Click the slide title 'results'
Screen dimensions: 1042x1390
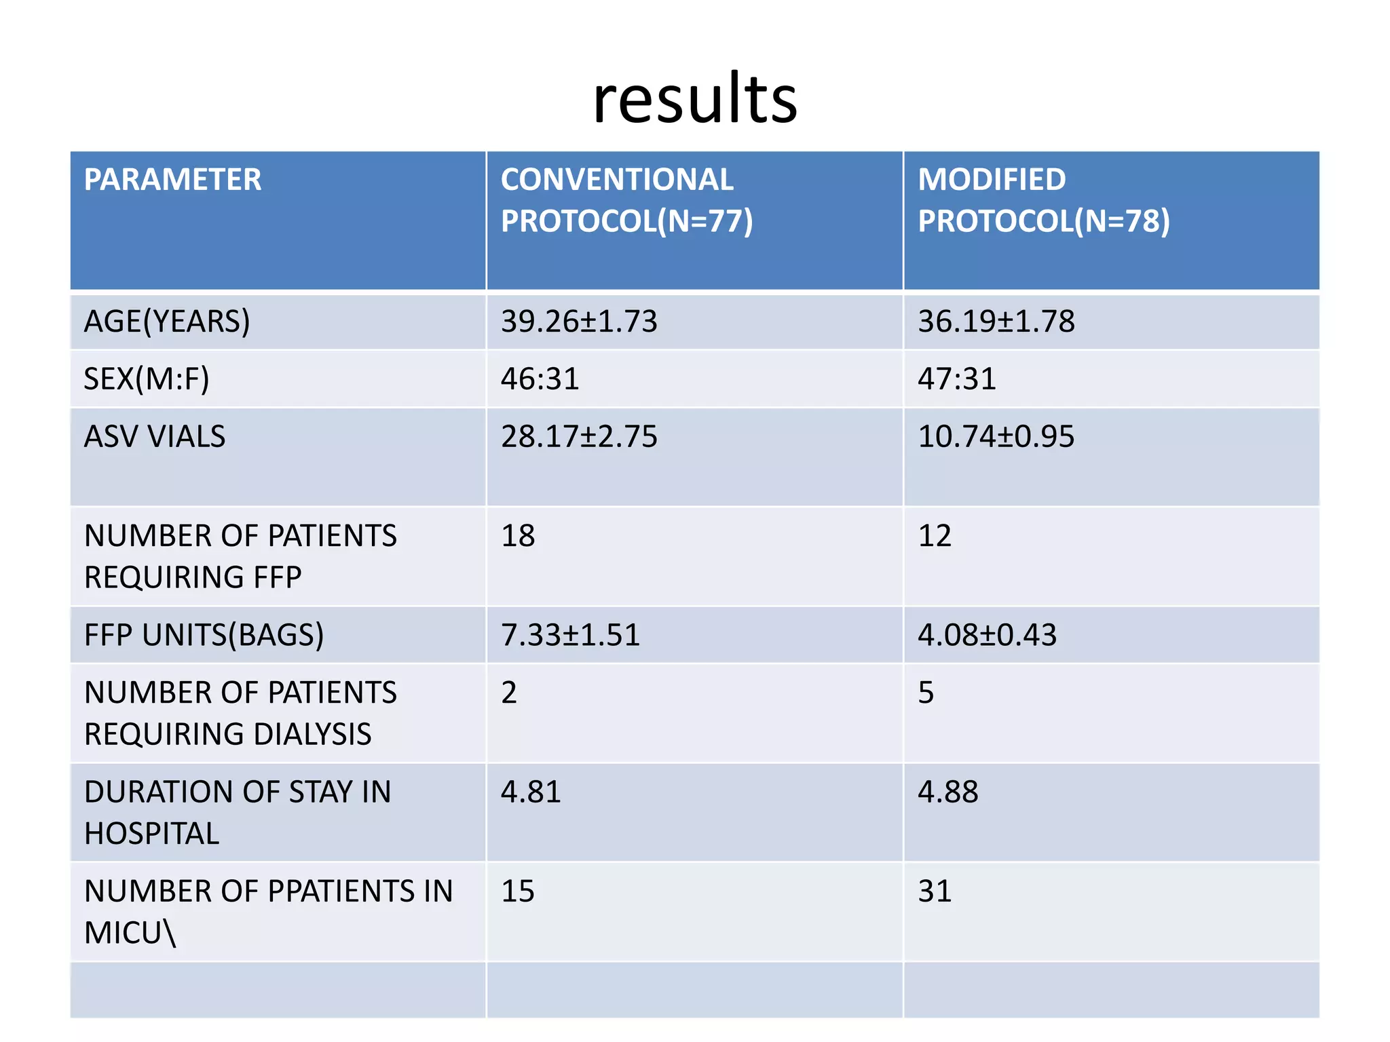pos(694,100)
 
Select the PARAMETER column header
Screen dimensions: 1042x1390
pos(172,180)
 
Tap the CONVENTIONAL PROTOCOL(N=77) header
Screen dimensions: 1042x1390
pos(626,201)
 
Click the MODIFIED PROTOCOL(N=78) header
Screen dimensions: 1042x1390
pos(1043,201)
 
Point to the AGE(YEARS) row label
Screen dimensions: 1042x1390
pos(167,322)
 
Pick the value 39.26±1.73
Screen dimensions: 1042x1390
pos(579,322)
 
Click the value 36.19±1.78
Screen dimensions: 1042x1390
pos(996,322)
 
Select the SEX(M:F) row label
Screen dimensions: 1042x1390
pos(147,379)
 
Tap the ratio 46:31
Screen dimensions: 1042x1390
pos(540,379)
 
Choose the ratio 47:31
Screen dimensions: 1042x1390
pos(957,379)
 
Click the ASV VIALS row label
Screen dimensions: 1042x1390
pos(155,437)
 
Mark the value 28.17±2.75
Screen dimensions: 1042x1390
pos(579,437)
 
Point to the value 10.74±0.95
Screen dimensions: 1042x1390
pos(996,437)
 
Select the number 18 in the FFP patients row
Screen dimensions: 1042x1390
pos(518,536)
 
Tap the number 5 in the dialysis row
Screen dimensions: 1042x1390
pos(926,693)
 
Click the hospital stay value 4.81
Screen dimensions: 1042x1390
pos(531,792)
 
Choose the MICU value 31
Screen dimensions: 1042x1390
pos(935,891)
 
